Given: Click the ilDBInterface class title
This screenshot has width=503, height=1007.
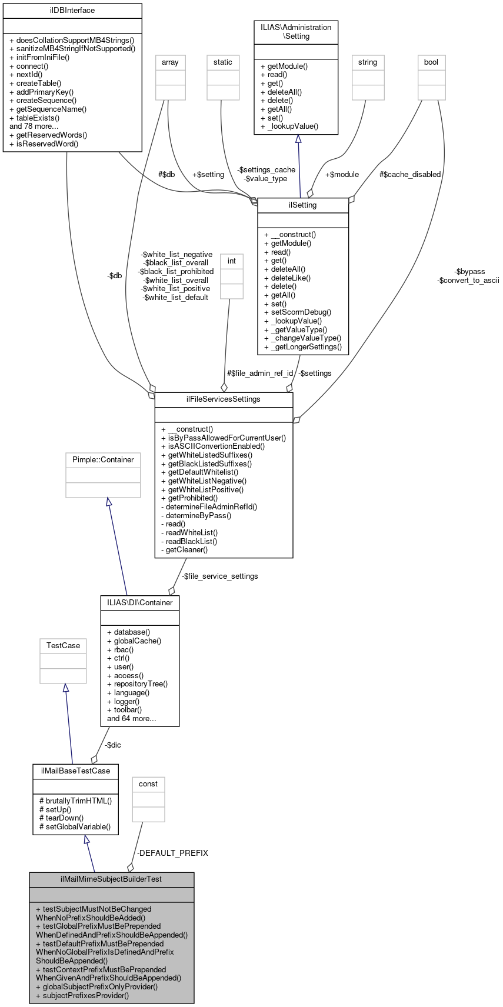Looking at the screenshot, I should pyautogui.click(x=72, y=11).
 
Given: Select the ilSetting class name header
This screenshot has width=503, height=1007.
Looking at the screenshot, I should pyautogui.click(x=303, y=205).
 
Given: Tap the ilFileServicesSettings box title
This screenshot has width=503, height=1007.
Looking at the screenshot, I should pyautogui.click(x=224, y=399).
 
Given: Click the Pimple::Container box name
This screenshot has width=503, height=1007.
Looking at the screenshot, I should pyautogui.click(x=103, y=460).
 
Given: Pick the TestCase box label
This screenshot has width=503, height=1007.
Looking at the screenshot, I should pyautogui.click(x=63, y=646).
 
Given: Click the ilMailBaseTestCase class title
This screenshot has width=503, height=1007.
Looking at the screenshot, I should pyautogui.click(x=75, y=771).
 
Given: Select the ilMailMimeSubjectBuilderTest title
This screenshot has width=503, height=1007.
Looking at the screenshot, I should pyautogui.click(x=111, y=879).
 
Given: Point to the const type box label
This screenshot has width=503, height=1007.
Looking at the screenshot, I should pyautogui.click(x=148, y=784).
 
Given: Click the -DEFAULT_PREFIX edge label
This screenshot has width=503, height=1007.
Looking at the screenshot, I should pyautogui.click(x=172, y=853).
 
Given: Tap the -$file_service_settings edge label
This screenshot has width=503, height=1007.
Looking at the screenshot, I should pyautogui.click(x=219, y=576).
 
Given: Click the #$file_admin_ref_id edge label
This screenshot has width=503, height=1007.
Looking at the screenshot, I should pyautogui.click(x=260, y=374).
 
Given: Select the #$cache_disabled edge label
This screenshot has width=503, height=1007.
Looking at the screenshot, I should pyautogui.click(x=409, y=175).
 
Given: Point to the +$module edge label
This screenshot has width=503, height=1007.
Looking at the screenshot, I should pyautogui.click(x=342, y=175).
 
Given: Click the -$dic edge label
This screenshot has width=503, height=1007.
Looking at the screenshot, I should pyautogui.click(x=112, y=745).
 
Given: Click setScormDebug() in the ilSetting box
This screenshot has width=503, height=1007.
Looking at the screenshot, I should pyautogui.click(x=298, y=312).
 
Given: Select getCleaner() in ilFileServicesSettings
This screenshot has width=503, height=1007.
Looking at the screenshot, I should pyautogui.click(x=184, y=550).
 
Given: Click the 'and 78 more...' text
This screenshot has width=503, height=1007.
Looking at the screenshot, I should pyautogui.click(x=34, y=126).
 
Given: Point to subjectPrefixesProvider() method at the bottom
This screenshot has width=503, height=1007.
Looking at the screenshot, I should pyautogui.click(x=82, y=996).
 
